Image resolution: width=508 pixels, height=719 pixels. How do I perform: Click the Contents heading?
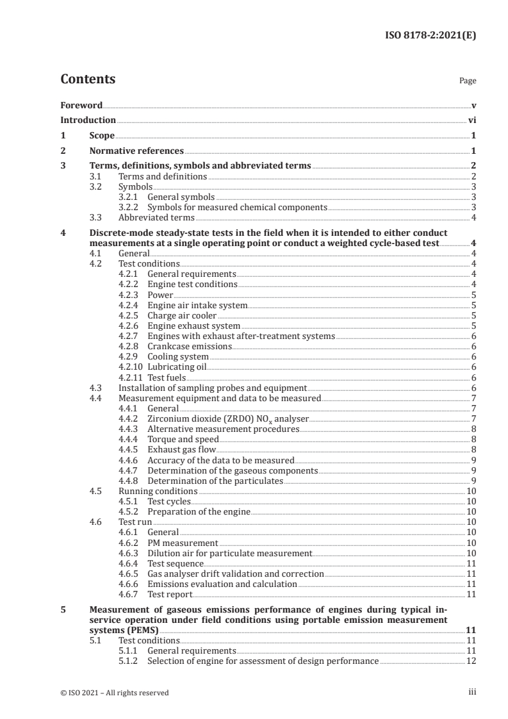pos(88,80)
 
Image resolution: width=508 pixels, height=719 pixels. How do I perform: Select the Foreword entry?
pos(81,104)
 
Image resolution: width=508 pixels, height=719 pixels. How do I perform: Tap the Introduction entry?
pos(88,120)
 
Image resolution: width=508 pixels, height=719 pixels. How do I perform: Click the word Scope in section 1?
pos(101,136)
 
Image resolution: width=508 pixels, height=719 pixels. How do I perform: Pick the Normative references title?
pos(136,151)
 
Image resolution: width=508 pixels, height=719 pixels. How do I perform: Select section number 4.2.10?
pos(132,367)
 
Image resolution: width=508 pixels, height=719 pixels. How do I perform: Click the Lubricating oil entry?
pos(177,367)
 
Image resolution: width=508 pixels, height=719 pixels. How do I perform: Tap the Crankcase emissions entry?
pos(190,346)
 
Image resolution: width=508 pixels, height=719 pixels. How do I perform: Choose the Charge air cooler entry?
pos(182,315)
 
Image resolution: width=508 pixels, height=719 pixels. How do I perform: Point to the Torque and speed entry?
pos(183,439)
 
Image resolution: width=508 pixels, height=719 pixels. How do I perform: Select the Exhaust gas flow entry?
pos(181,449)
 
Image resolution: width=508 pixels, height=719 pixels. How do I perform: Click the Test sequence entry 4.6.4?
pos(176,563)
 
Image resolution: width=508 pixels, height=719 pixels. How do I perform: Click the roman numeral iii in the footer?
pos(473,692)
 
